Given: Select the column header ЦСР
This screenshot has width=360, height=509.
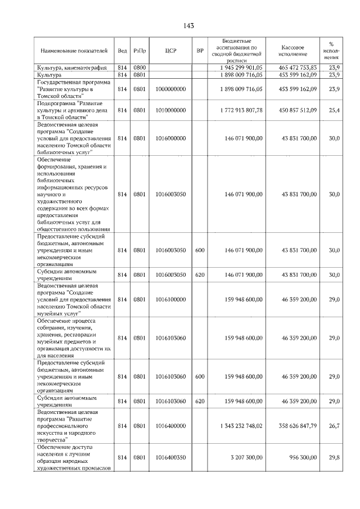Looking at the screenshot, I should coord(171,51).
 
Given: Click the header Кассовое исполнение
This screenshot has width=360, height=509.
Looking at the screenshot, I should coord(295,50).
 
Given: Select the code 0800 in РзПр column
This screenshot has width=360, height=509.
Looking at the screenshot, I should coord(139,67).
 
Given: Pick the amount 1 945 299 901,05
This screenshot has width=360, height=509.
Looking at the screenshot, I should coord(238,67).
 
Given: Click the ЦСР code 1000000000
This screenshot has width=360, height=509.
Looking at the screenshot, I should coord(171,89).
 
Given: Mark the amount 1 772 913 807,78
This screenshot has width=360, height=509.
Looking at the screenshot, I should coord(238,110).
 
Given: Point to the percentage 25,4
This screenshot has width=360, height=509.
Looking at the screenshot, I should coord(334,110).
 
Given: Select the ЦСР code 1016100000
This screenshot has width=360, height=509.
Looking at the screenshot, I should coord(171,299).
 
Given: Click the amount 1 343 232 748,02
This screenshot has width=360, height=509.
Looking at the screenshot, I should coord(238,426).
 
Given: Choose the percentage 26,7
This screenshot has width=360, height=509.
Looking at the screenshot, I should coord(334,426).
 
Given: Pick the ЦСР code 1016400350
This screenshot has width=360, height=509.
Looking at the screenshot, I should coord(171,458).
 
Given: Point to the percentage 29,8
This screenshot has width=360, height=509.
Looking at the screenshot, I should coord(334,458).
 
